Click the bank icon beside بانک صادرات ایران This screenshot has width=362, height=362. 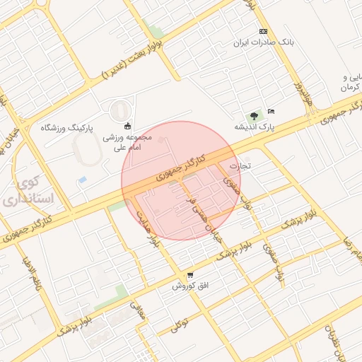coord(264,32)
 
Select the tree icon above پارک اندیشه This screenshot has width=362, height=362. coord(253,115)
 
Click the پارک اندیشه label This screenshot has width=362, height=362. coord(254,127)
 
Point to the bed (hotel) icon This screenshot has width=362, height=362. coord(272,111)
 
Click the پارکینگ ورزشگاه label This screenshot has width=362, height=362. coord(66,127)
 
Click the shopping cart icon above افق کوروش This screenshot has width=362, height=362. coord(189,275)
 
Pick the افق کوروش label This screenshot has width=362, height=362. coord(189,286)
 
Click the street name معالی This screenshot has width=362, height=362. coord(137,311)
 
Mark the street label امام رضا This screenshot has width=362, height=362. coord(352,247)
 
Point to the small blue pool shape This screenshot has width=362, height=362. coord(83,180)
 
